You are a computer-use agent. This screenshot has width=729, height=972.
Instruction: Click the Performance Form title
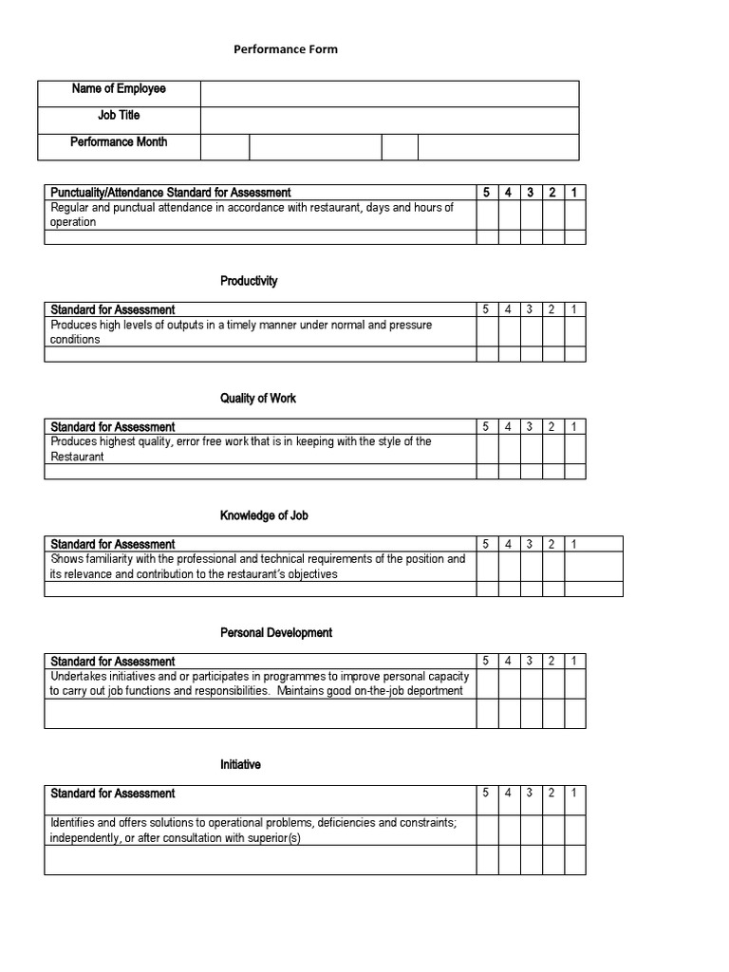click(286, 49)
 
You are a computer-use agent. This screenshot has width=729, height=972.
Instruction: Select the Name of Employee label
click(118, 89)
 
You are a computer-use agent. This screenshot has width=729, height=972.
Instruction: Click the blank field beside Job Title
click(389, 120)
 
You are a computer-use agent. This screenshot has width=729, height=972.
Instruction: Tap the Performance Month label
click(118, 142)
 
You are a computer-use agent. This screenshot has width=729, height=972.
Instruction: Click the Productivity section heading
click(249, 281)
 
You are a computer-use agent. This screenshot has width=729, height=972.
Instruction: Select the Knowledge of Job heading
click(264, 515)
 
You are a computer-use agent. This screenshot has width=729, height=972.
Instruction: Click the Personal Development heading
click(276, 633)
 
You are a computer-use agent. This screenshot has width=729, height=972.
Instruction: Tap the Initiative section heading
click(240, 765)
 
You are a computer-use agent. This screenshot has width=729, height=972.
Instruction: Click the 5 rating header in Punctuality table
click(486, 193)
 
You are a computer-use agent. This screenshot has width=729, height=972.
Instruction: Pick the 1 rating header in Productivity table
click(574, 309)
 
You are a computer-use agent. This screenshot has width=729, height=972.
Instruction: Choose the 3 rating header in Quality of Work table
click(530, 427)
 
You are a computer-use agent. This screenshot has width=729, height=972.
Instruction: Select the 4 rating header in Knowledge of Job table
click(508, 544)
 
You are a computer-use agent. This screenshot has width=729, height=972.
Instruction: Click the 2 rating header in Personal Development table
click(551, 662)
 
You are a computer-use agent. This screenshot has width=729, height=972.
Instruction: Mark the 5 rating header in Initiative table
click(486, 794)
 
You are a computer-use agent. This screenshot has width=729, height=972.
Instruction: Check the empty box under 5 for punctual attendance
click(487, 215)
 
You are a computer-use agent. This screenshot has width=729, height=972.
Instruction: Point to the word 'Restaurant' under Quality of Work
click(78, 457)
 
